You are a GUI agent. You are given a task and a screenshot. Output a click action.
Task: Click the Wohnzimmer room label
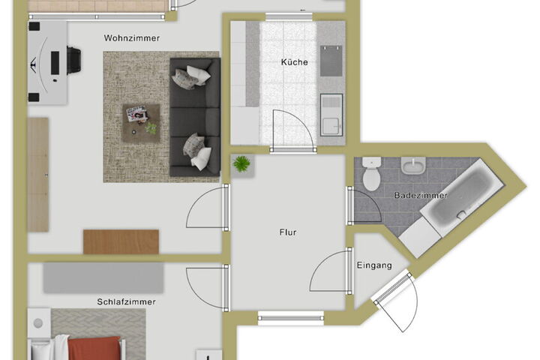click(x=131, y=38)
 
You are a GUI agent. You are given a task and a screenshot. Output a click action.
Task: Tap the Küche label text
click(x=295, y=62)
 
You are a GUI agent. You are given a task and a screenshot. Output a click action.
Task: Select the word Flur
click(x=288, y=232)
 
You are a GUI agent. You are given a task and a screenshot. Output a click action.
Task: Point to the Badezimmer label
click(x=421, y=195)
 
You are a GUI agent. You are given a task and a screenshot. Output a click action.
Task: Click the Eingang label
click(x=374, y=265)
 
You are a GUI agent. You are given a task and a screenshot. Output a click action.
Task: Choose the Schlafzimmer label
click(x=127, y=301)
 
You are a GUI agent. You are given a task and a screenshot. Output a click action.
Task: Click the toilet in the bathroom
click(x=371, y=174)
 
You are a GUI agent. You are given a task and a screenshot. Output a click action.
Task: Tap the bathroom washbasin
click(x=413, y=166)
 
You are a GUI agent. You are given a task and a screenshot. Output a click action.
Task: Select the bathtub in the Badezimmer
click(x=461, y=197)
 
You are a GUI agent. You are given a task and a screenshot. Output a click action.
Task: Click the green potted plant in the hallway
click(x=241, y=163)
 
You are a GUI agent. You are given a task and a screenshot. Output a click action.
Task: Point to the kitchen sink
click(x=331, y=115)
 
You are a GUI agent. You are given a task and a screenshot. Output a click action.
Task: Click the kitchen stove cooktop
click(x=331, y=61)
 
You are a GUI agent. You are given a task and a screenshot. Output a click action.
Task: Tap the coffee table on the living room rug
click(x=141, y=123)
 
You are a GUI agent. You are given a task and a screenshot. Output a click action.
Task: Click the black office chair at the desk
click(x=73, y=60)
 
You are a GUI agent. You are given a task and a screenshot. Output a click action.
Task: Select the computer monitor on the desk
click(x=55, y=63)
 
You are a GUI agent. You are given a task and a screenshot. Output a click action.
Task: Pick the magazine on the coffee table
click(x=137, y=113)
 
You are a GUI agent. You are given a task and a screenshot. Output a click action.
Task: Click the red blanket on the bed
click(x=95, y=348)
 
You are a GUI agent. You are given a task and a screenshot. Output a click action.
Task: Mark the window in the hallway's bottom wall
click(x=291, y=317)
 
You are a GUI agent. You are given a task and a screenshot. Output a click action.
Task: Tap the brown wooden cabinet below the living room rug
click(x=121, y=241)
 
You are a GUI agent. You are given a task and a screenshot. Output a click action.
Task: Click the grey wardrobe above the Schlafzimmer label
click(x=103, y=277)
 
